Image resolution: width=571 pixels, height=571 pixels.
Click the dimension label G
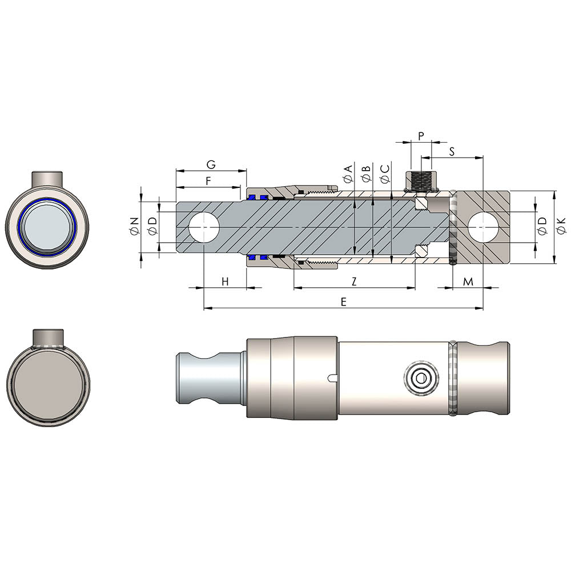[x=211, y=164]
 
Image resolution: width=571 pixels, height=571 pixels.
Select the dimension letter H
[x=225, y=281]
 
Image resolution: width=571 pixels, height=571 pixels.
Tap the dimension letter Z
[x=354, y=281]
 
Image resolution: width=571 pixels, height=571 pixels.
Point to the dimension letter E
[x=343, y=302]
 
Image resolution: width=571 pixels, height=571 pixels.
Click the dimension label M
[x=468, y=281]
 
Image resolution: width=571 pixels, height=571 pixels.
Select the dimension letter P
[x=421, y=136]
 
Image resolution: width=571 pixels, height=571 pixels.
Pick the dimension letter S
[x=452, y=151]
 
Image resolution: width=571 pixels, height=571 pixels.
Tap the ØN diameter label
[x=134, y=227]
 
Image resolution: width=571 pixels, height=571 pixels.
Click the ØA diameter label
[x=348, y=174]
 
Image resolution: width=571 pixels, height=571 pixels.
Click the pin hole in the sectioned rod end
[x=204, y=227]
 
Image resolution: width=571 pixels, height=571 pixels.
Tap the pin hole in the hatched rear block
[x=483, y=227]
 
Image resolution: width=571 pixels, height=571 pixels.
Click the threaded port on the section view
[x=421, y=182]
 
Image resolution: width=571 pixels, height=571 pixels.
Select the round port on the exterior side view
[x=421, y=378]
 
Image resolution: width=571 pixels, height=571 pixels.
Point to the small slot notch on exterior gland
[x=333, y=375]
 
